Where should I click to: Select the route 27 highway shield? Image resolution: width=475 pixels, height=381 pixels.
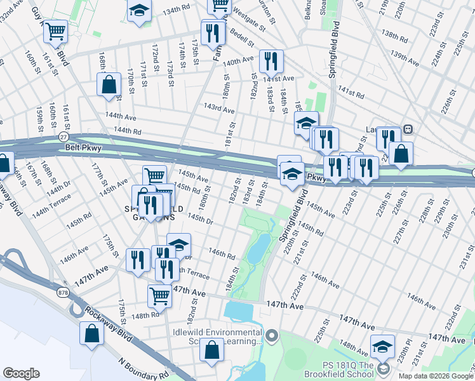point(63,137)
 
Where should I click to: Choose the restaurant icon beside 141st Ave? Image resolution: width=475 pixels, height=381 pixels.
point(271,61)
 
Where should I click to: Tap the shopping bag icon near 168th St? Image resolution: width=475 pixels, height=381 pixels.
point(109,84)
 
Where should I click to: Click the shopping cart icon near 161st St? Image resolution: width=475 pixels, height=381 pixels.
point(56,30)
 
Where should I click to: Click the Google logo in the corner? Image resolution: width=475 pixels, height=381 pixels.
point(22,373)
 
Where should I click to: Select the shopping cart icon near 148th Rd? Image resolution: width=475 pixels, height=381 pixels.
point(159,295)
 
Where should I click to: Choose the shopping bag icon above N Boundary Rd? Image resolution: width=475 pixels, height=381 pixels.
point(212,349)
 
